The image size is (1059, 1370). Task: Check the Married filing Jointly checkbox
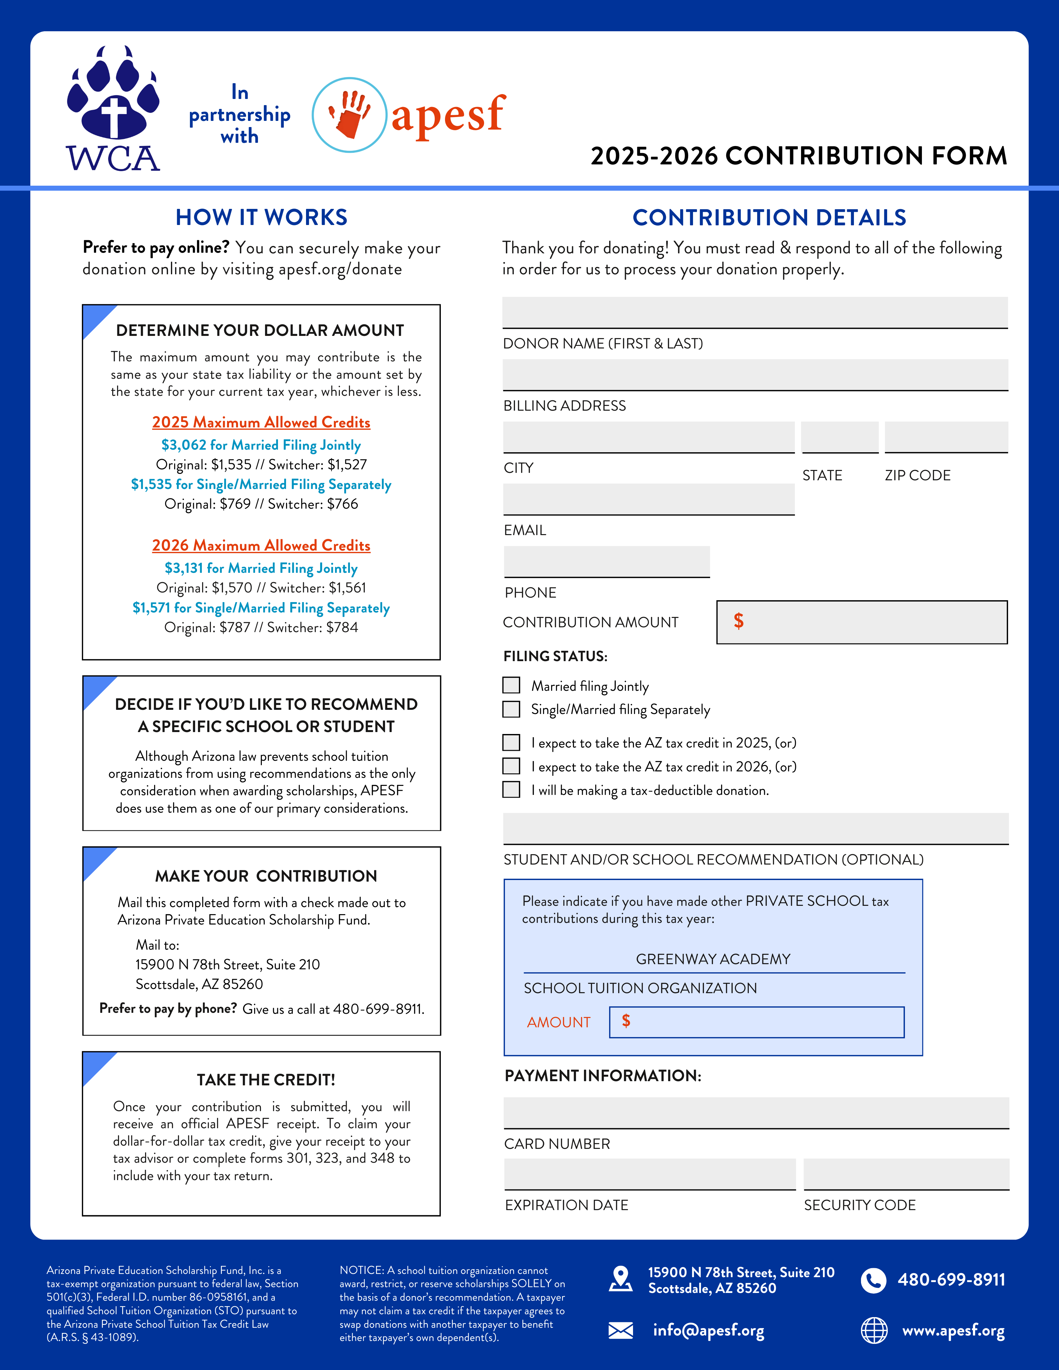511,685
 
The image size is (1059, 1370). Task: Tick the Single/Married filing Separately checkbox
511,709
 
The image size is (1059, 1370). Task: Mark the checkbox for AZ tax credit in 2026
511,766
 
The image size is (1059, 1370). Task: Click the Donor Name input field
755,312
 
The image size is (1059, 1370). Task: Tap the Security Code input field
906,1174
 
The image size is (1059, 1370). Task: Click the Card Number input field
756,1113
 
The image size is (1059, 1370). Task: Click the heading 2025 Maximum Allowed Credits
261,422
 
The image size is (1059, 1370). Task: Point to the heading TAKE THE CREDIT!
266,1080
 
